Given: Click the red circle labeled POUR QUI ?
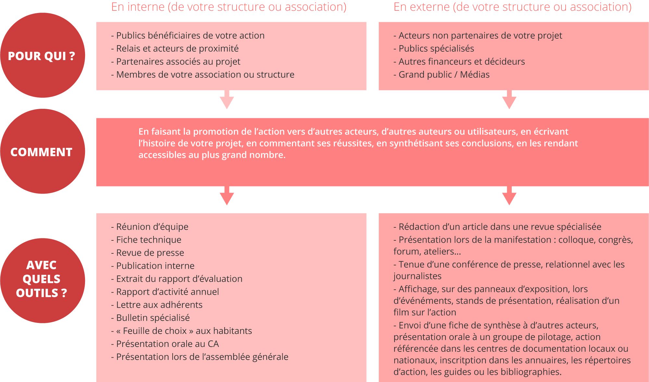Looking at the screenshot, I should [x=42, y=55].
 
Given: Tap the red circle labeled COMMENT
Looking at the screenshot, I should [x=42, y=151].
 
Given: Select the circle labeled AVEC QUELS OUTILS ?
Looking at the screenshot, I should [x=42, y=280].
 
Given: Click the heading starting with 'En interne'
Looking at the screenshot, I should [x=229, y=7].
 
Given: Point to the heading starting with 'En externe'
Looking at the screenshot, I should [x=512, y=7].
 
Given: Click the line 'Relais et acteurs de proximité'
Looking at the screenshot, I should [x=177, y=49].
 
